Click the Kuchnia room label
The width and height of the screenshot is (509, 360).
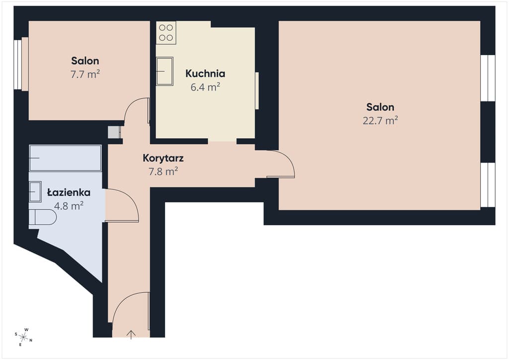205,74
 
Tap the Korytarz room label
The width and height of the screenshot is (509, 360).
163,158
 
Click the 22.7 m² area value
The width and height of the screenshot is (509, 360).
380,120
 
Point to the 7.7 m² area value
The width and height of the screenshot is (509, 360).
85,75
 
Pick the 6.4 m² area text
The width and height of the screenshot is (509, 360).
205,87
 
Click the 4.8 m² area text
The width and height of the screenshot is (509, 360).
69,206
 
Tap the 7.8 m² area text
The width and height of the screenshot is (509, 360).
163,171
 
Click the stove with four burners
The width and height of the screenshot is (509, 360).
166,33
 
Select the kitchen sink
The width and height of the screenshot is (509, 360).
165,71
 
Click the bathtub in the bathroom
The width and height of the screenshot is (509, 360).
65,158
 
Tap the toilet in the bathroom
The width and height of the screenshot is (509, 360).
43,217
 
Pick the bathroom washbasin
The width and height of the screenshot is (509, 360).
35,191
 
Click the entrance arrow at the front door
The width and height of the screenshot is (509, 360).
131,334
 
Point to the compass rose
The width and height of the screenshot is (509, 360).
23,337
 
